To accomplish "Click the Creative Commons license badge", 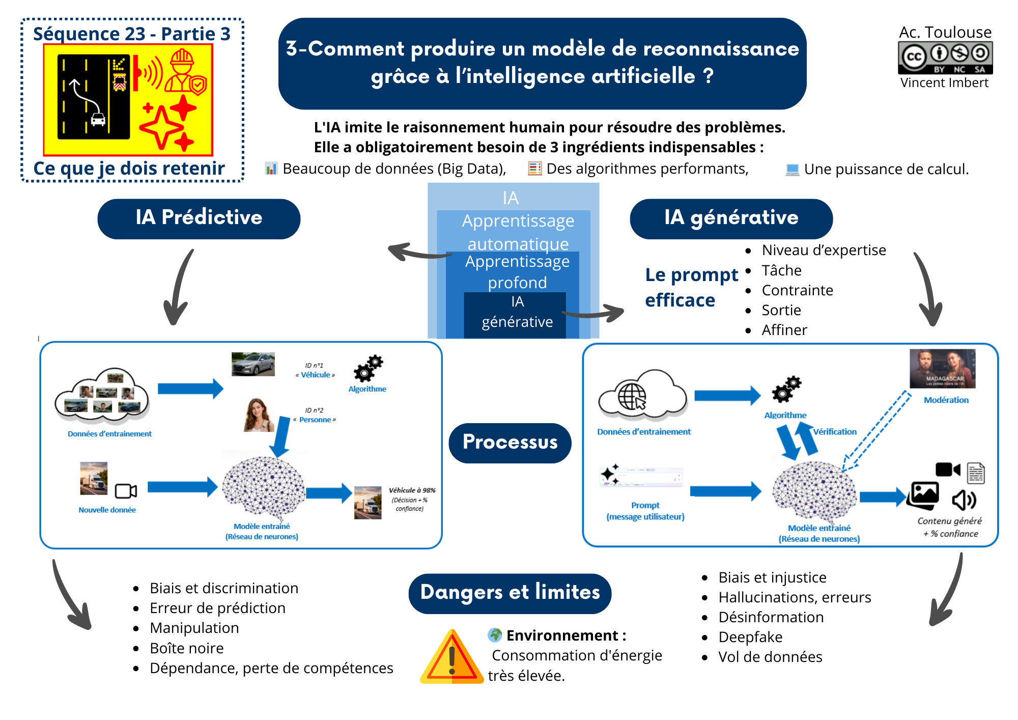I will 945,58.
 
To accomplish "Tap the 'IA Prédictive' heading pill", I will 199,218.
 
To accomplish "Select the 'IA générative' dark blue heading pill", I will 731,218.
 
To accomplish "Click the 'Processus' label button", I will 510,442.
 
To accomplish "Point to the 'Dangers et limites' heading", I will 510,593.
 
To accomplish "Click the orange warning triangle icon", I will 451,658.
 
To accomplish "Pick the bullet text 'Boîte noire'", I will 186,648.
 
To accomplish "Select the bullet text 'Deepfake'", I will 750,637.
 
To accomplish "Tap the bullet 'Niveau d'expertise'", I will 824,251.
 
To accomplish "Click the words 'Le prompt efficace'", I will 691,288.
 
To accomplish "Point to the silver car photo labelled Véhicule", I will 253,364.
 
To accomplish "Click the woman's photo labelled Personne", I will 259,415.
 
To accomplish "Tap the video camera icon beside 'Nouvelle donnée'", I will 126,491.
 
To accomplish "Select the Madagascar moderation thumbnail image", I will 942,369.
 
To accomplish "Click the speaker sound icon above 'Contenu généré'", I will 964,500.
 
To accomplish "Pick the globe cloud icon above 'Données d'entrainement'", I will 643,395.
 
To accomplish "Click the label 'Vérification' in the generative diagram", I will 835,432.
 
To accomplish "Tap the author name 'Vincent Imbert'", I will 944,83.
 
